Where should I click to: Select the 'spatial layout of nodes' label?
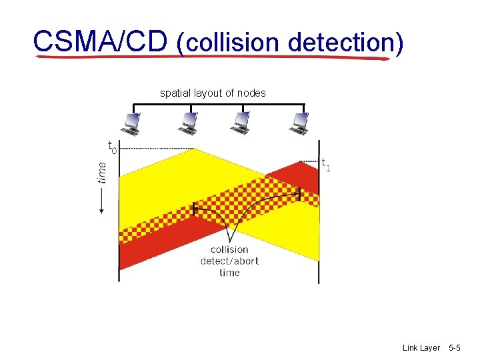point(213,93)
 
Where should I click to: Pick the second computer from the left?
point(187,123)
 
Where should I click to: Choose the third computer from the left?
point(241,123)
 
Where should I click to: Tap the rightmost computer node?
point(299,123)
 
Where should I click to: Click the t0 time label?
point(111,146)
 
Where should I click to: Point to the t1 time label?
point(325,163)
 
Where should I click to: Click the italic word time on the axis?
point(101,172)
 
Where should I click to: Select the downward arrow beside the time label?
point(101,200)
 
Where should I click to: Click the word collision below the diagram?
point(229,250)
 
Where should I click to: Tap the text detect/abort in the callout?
point(229,261)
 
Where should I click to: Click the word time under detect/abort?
point(229,272)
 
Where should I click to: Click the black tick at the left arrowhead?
point(194,209)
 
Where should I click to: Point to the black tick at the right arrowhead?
point(299,194)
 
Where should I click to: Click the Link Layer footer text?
point(421,348)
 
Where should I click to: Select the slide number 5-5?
point(455,348)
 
